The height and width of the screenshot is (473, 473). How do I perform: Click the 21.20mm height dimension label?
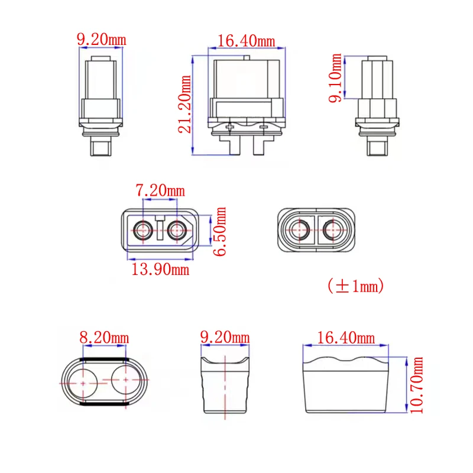pyautogui.click(x=184, y=105)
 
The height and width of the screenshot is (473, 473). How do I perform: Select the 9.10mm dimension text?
pyautogui.click(x=335, y=78)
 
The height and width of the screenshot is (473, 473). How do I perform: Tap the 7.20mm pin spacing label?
pyautogui.click(x=160, y=190)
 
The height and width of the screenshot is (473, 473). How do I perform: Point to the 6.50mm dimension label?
pyautogui.click(x=219, y=231)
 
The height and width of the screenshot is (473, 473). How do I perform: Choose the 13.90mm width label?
pyautogui.click(x=160, y=269)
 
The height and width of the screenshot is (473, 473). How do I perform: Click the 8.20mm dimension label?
pyautogui.click(x=104, y=338)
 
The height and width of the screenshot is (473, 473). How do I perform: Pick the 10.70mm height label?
pyautogui.click(x=416, y=385)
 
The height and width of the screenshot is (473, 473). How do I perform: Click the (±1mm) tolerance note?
pyautogui.click(x=356, y=286)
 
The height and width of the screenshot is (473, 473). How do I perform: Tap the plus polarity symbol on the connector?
pyautogui.click(x=230, y=127)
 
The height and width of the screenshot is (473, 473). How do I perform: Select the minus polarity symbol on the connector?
pyautogui.click(x=264, y=127)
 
